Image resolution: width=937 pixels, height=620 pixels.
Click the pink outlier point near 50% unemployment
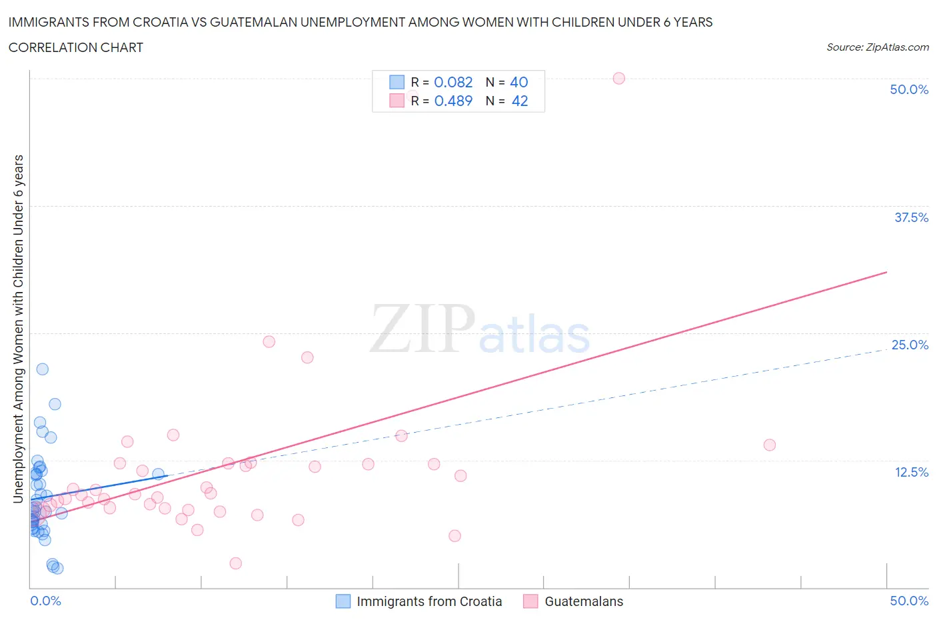[618, 78]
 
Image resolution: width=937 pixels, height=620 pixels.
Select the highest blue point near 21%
[42, 369]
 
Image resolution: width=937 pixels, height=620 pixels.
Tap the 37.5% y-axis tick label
[911, 217]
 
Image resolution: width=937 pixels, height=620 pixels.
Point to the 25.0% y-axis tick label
[910, 345]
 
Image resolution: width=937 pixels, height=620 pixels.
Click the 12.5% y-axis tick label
[911, 472]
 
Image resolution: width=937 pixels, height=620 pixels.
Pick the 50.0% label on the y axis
[909, 89]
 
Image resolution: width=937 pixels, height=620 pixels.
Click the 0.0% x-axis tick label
[45, 601]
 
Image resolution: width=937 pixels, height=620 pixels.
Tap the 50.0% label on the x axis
[909, 601]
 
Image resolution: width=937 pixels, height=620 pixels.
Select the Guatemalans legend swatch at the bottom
[530, 601]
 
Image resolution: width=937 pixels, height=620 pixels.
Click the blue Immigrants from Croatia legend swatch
[343, 601]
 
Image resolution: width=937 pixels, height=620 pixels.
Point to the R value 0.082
[453, 82]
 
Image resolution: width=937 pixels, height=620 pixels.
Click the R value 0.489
[453, 101]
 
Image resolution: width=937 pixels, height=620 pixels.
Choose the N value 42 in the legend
[519, 101]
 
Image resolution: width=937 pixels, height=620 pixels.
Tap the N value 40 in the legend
[518, 82]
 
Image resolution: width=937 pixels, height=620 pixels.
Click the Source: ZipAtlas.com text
[877, 47]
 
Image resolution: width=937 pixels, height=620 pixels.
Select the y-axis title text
[18, 329]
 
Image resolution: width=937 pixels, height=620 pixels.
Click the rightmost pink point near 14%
[769, 445]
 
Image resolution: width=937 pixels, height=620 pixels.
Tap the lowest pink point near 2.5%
[235, 563]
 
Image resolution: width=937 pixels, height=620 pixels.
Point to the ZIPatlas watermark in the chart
[480, 329]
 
